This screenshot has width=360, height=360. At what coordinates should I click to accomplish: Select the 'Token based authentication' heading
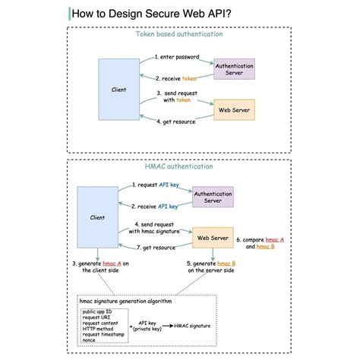179,34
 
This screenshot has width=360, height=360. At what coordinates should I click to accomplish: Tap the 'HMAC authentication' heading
179,166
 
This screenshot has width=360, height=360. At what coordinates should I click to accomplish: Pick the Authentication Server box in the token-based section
235,70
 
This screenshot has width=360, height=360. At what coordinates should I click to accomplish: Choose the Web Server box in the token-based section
235,110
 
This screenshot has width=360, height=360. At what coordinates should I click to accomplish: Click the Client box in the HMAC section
97,217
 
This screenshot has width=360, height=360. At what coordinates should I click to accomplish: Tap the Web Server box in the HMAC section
213,238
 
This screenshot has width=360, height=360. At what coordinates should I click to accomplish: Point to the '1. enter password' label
176,56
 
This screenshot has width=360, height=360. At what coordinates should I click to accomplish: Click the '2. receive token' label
176,78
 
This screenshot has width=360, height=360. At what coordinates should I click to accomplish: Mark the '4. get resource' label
176,121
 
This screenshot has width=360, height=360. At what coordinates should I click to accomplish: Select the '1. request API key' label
155,185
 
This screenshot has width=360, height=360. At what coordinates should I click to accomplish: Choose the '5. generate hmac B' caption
210,266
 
